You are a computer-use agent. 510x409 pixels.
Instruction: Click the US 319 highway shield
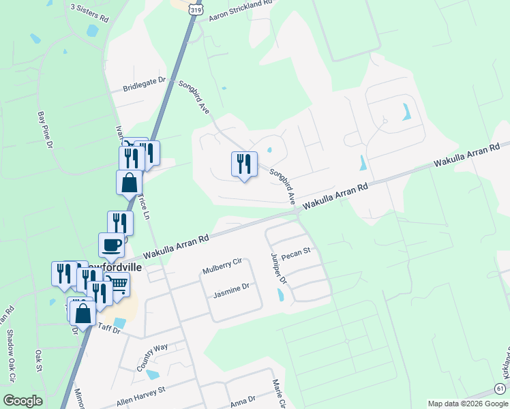click(197, 10)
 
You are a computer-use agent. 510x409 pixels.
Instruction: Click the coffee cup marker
click(111, 245)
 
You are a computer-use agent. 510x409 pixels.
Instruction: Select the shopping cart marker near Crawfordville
click(119, 283)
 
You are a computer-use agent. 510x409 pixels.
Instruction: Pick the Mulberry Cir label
click(222, 266)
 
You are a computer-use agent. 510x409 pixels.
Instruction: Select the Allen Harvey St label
click(140, 395)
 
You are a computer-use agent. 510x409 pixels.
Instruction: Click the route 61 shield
click(500, 389)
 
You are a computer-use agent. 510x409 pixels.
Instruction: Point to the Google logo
click(22, 401)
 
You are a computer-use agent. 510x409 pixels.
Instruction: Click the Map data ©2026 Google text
click(468, 404)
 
